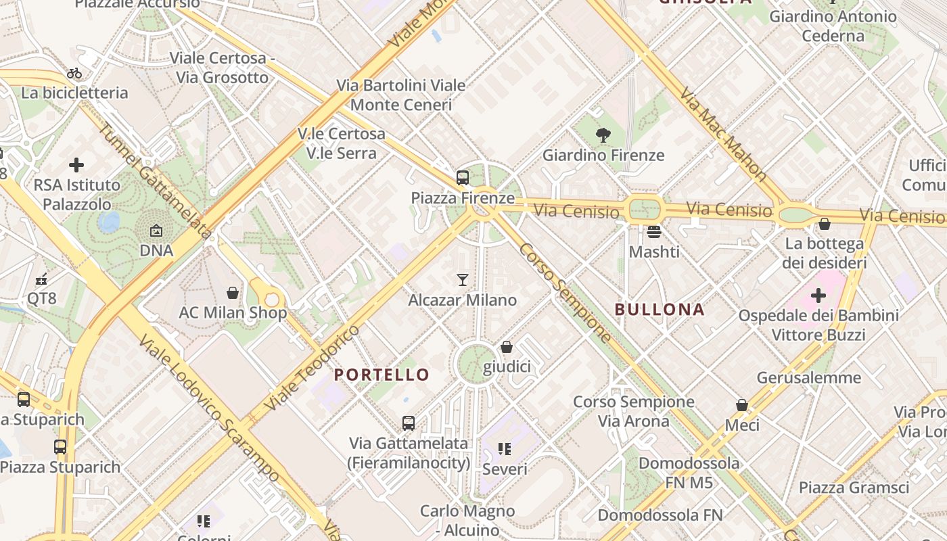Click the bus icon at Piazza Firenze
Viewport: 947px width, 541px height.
point(463,178)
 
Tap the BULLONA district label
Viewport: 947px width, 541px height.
point(660,310)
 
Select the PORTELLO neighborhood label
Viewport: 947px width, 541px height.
point(382,375)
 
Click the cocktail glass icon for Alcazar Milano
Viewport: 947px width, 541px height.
point(463,279)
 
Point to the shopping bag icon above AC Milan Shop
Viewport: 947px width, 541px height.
point(233,293)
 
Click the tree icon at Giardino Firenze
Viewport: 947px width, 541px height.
point(603,135)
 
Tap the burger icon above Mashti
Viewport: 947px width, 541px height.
point(653,232)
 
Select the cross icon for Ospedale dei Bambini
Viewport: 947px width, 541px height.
point(818,296)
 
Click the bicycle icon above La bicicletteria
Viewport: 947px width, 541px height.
point(74,73)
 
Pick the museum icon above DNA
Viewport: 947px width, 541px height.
point(156,231)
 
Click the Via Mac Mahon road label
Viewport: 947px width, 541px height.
point(724,134)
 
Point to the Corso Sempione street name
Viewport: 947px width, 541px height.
point(565,292)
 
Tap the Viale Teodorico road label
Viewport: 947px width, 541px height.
point(312,368)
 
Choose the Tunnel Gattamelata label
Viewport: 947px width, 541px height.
point(155,181)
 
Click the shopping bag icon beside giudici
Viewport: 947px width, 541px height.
point(507,347)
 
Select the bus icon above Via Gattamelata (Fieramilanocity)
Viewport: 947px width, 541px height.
point(409,423)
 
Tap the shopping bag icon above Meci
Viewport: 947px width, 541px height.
point(742,405)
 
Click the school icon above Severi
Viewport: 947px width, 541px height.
point(505,449)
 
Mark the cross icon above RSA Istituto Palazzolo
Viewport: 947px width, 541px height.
point(76,164)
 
